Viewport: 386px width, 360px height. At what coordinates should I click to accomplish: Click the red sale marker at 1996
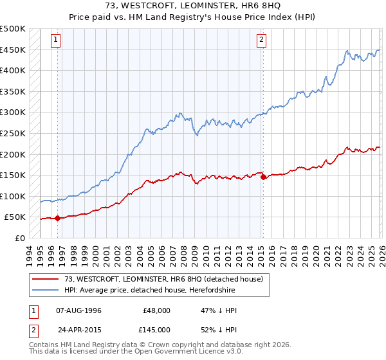[57, 218]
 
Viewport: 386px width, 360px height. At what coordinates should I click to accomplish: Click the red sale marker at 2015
[263, 177]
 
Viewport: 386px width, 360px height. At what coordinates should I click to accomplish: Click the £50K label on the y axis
[15, 217]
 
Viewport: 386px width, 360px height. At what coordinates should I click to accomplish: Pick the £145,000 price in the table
[157, 329]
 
